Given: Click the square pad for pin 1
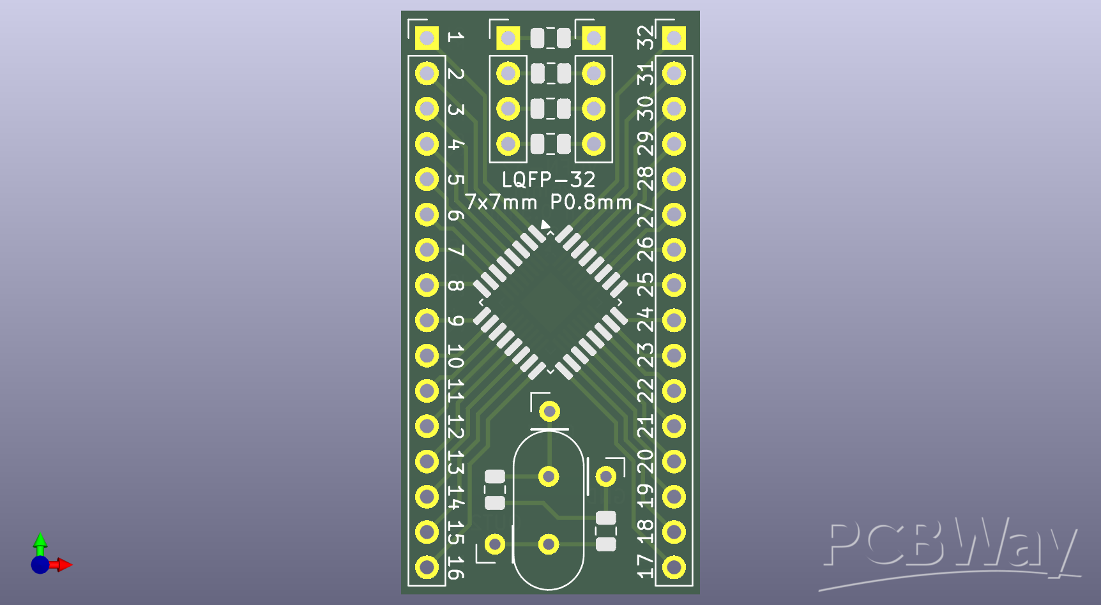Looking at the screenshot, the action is [427, 38].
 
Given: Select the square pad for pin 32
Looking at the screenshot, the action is [674, 38].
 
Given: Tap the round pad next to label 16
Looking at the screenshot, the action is [427, 567].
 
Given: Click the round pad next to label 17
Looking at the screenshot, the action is [674, 567].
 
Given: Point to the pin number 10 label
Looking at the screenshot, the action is [455, 356].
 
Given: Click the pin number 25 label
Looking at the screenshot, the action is [646, 285].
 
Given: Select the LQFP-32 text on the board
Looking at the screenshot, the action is [548, 179].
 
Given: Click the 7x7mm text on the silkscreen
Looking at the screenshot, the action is [501, 202].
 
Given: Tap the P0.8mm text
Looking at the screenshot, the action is [591, 202].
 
